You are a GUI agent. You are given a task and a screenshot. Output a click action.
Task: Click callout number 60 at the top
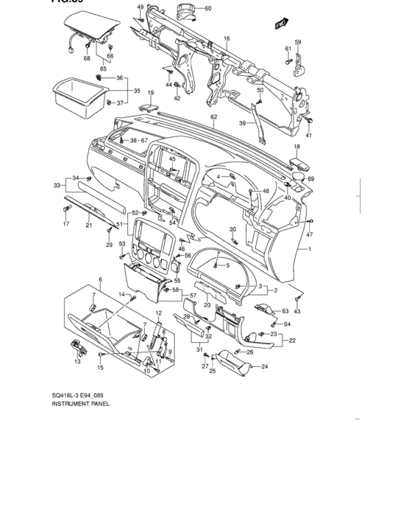click(207, 8)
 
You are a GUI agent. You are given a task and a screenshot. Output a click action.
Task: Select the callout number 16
click(227, 38)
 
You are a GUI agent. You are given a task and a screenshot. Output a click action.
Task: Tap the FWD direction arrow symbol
click(280, 24)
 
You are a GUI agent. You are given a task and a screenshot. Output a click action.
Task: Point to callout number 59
click(298, 42)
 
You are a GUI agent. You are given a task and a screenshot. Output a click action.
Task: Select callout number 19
click(150, 93)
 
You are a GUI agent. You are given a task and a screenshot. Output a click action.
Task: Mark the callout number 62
click(213, 116)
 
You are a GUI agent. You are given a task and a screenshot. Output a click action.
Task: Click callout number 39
click(242, 124)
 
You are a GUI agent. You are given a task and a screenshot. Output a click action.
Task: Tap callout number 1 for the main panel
click(309, 250)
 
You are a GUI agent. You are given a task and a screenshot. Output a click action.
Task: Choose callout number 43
click(297, 312)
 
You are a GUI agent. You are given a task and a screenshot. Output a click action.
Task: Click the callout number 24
click(265, 366)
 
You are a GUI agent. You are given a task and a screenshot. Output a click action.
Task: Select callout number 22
click(292, 341)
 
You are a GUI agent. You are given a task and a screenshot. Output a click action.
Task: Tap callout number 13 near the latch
click(77, 362)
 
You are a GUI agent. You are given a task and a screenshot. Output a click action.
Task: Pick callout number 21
click(88, 225)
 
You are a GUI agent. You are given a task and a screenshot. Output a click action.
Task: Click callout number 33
click(56, 185)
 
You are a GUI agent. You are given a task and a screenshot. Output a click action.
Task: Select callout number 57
click(192, 296)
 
